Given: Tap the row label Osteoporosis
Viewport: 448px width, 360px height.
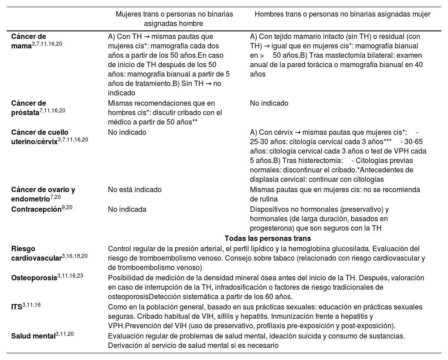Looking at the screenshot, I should tap(34, 278).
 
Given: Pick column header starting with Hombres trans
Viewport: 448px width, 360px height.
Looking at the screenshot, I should tap(342, 14).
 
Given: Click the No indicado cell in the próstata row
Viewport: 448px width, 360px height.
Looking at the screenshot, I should tap(269, 103).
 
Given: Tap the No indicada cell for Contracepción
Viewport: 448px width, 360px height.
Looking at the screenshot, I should tap(127, 209).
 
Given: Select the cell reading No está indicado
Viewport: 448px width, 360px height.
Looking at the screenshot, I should tap(135, 189).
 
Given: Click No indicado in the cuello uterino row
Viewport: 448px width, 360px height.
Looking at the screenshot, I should tap(127, 133).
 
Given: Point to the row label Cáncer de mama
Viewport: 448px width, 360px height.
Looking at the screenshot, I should tap(29, 41).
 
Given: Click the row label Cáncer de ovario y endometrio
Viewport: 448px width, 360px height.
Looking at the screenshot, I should tap(43, 193).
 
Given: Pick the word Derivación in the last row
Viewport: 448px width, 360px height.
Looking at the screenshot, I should tap(125, 345).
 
